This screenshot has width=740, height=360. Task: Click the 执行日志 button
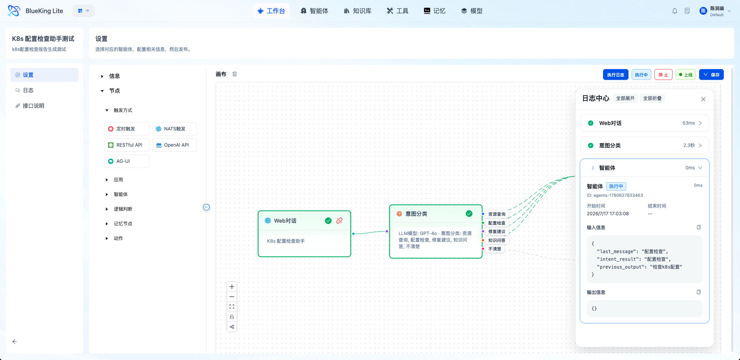coord(615,75)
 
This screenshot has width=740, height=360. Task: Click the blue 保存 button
coord(711,75)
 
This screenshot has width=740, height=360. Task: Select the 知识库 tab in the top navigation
coord(358,11)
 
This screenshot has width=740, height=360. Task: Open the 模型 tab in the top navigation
coord(472,11)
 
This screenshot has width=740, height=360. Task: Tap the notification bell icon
coord(675,11)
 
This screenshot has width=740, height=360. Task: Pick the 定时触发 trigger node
coord(127,129)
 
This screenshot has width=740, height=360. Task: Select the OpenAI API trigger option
coord(174,145)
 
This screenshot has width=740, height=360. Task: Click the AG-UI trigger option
coord(127,161)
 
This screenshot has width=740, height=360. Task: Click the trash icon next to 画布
coord(235,74)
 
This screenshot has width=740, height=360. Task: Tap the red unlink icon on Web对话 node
coord(340,221)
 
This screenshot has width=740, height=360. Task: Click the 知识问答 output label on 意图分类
coord(497,240)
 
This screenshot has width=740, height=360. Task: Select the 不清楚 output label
coord(495,249)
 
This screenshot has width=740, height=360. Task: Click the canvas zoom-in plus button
coord(232,287)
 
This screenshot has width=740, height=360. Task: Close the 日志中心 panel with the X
coord(703,99)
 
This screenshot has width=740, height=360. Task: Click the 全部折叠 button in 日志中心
coord(652,98)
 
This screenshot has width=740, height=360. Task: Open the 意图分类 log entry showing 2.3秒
coord(644,145)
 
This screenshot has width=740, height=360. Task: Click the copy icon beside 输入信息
coord(699,227)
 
